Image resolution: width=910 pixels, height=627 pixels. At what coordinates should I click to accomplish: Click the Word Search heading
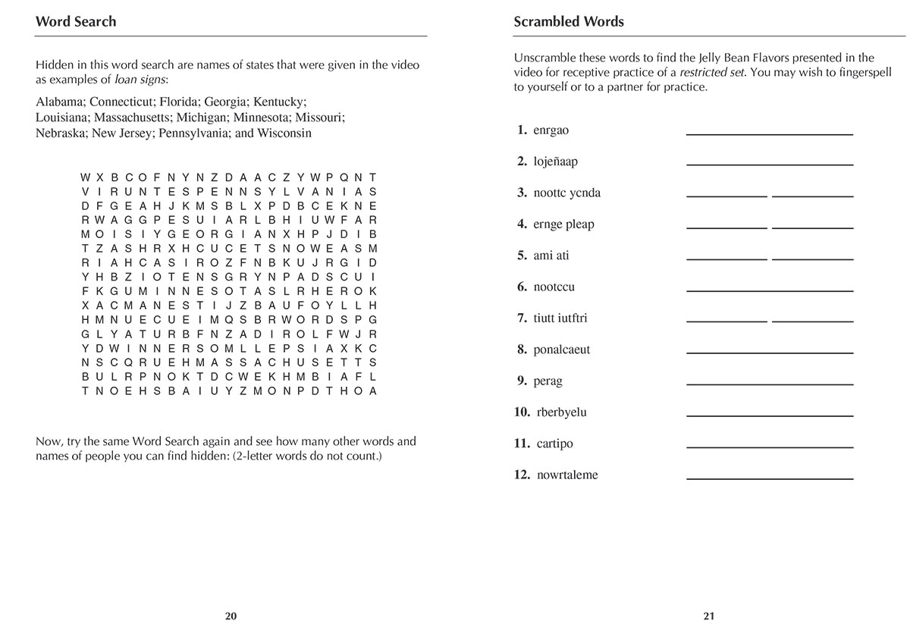point(76,22)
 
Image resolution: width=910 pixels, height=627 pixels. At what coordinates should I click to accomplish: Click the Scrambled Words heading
point(569,22)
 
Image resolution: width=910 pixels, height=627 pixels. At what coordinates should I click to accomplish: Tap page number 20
point(231,616)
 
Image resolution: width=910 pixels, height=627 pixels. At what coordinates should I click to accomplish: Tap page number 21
point(709,616)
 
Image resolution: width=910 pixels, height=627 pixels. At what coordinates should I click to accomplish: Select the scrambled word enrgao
point(551,130)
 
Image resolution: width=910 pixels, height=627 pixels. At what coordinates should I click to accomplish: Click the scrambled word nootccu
point(554,287)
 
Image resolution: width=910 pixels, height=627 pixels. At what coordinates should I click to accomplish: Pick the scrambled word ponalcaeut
point(561,350)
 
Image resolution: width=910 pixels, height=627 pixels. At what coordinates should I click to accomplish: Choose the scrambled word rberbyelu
point(561,412)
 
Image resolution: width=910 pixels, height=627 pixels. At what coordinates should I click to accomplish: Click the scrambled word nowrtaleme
point(567,475)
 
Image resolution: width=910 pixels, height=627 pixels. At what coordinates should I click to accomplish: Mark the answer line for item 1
point(769,133)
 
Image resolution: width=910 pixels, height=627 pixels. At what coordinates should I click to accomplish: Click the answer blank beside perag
point(769,384)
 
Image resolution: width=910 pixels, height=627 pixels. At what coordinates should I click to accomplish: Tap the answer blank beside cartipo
point(769,447)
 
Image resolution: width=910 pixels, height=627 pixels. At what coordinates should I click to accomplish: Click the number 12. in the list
point(522,475)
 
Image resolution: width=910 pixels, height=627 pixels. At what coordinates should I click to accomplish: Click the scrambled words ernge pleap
point(563,224)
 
